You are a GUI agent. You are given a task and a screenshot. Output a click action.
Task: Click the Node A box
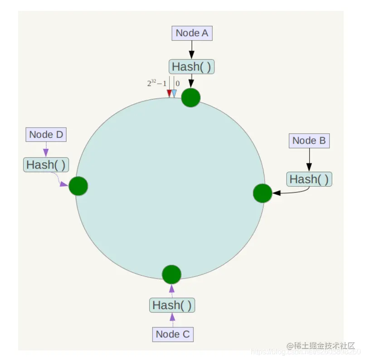192,33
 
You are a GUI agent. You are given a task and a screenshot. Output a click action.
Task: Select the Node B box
309,140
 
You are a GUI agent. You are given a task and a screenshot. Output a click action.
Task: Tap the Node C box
173,334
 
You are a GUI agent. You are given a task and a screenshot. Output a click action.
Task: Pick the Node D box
46,134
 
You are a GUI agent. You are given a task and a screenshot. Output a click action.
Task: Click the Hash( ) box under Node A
191,67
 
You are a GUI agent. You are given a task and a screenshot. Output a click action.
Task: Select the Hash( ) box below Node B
309,179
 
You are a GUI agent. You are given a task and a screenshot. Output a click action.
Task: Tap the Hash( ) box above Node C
172,305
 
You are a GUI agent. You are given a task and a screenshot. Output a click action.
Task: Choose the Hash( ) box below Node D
46,164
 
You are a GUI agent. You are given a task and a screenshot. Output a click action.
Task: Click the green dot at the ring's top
191,97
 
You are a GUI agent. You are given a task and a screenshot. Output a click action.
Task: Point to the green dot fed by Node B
262,193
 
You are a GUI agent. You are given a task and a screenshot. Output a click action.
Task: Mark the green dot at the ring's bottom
171,274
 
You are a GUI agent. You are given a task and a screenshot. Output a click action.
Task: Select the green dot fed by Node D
78,186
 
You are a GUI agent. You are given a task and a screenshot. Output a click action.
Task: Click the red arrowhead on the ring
169,93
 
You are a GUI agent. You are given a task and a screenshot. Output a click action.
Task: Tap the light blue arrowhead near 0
174,93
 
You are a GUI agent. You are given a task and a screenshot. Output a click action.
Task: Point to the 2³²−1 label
156,83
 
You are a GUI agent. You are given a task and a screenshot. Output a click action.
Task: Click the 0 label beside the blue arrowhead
178,83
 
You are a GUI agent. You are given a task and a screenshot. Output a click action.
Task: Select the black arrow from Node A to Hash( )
191,49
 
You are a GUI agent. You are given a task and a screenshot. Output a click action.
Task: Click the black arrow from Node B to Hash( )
309,159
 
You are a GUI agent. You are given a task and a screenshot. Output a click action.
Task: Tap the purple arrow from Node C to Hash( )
172,319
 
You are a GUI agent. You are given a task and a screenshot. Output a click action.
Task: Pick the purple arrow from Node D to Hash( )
46,149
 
